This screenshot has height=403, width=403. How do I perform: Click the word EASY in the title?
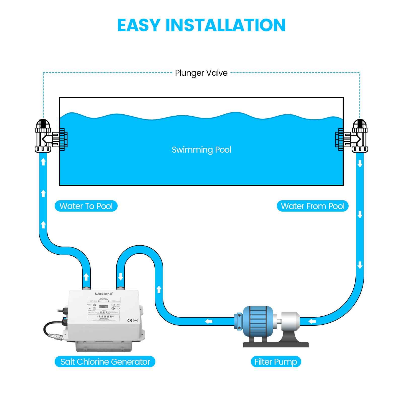pos(139,25)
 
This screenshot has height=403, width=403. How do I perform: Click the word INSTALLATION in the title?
pos(225,25)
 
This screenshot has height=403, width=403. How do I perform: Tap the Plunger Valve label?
pos(201,73)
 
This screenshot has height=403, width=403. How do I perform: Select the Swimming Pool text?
pos(201,150)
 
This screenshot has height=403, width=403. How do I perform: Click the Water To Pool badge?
pos(86,206)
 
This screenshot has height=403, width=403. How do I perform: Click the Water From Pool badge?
pos(312,206)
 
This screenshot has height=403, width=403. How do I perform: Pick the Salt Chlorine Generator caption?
pos(105,362)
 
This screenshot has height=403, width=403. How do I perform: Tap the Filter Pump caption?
pos(276,362)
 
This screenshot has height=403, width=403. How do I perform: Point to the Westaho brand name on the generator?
pos(104,294)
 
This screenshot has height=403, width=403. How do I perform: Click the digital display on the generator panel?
pos(104,307)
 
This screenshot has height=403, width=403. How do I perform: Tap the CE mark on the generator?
pos(129,320)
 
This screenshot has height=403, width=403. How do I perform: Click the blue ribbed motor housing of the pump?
pos(258,322)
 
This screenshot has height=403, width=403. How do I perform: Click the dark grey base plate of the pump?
pos(276,345)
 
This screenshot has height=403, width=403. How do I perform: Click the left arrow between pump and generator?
pos(209,321)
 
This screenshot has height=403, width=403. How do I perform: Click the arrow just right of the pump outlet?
pos(312,321)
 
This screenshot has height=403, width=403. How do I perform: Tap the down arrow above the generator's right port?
pos(121,277)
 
